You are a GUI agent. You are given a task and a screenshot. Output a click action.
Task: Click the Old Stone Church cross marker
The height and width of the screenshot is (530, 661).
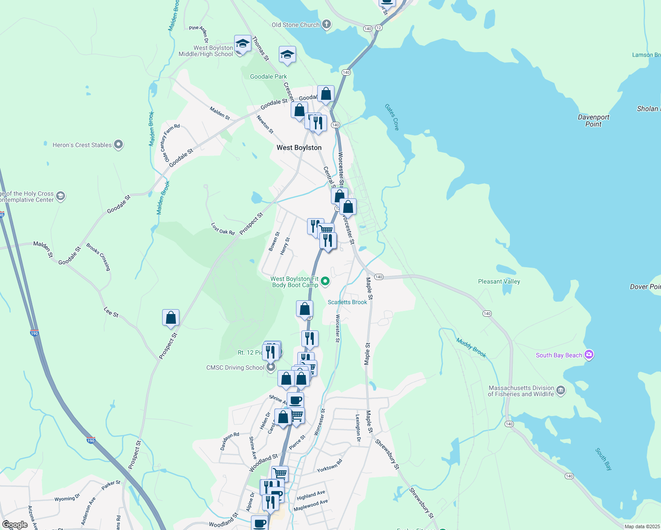click(327, 24)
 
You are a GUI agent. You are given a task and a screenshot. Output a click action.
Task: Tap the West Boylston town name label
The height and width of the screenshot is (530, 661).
click(299, 148)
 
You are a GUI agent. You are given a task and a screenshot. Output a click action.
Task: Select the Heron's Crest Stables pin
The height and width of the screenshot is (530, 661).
click(118, 144)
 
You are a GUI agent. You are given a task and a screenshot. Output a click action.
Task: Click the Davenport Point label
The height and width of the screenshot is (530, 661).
click(593, 121)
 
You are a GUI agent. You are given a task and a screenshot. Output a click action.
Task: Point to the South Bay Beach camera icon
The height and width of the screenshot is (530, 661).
click(589, 355)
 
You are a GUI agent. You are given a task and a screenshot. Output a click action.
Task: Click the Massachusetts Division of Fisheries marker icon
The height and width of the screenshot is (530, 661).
click(561, 390)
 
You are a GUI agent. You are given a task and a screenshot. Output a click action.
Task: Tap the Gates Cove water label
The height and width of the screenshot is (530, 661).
click(392, 117)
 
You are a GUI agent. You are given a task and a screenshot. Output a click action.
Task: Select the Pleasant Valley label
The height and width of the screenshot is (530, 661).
click(499, 281)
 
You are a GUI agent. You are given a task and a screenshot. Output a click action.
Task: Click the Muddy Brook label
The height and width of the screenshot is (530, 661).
click(471, 348)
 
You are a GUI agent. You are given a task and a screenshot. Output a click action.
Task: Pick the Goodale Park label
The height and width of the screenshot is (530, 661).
click(268, 76)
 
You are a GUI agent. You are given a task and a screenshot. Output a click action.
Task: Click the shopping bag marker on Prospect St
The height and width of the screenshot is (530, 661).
click(171, 318)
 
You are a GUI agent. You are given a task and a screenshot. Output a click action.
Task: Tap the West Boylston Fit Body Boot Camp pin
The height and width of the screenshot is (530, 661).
click(325, 281)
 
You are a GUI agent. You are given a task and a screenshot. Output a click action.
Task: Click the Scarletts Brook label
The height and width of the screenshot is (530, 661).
click(347, 302)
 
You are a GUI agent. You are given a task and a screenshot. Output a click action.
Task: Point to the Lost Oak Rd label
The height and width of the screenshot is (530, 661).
click(223, 228)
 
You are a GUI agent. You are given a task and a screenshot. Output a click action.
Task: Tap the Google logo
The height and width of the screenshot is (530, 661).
click(15, 525)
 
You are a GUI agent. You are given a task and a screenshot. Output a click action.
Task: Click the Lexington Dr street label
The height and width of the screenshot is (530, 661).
click(358, 428)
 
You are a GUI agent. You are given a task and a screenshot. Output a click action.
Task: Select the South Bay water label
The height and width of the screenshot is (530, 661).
click(604, 459)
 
